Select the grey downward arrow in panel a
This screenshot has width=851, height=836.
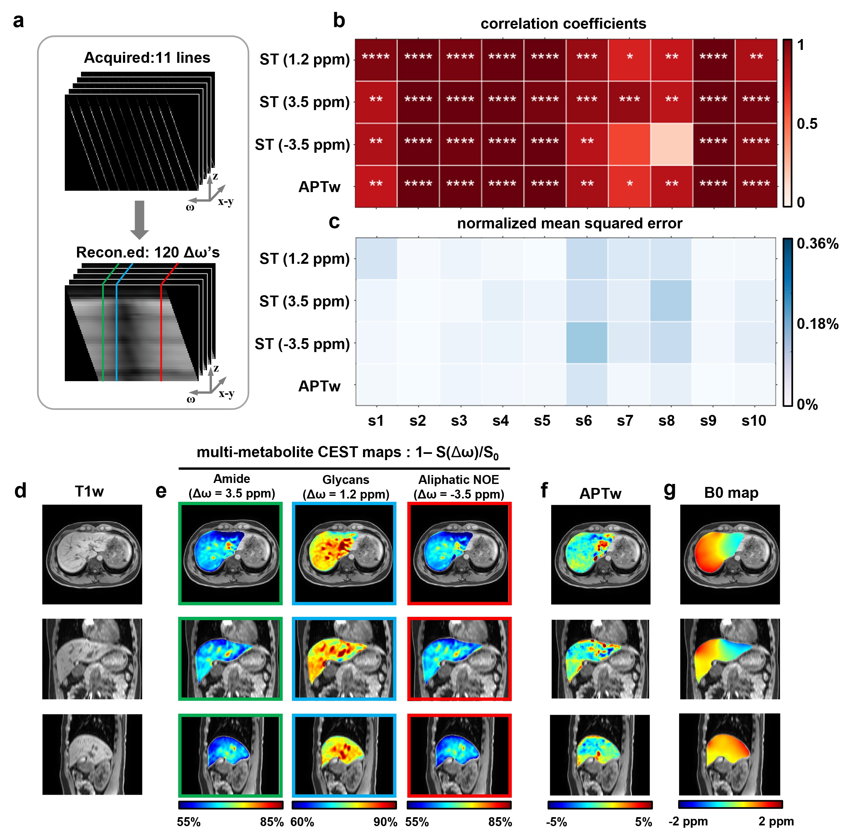[140, 219]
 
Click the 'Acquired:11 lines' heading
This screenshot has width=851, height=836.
[147, 58]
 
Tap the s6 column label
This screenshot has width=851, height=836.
[583, 420]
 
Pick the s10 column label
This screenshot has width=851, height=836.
[753, 420]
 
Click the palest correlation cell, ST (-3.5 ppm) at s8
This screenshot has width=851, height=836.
[671, 144]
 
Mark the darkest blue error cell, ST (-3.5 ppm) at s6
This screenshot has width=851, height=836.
[587, 342]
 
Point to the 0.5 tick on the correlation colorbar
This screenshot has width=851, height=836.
[807, 124]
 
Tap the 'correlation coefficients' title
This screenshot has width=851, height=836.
[563, 24]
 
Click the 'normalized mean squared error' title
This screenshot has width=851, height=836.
[570, 223]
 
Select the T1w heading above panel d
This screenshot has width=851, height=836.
[89, 491]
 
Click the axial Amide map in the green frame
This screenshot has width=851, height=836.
[230, 553]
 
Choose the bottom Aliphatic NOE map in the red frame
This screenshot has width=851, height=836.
[459, 755]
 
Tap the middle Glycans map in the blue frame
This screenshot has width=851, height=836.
[344, 658]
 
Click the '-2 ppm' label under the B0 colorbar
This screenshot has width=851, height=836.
[688, 821]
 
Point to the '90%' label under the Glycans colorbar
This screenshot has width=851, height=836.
[385, 822]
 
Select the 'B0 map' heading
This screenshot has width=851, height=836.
[731, 493]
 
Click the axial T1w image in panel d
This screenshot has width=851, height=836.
[92, 554]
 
